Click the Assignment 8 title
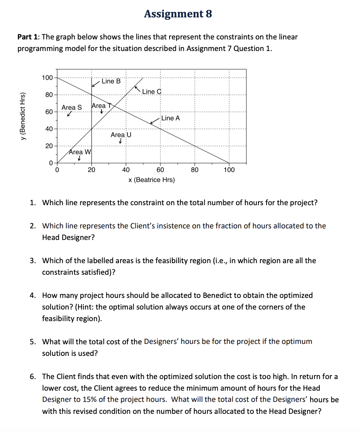178,14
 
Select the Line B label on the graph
111,81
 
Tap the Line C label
151,92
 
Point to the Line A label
170,118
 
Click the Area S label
71,107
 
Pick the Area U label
121,135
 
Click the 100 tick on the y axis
48,78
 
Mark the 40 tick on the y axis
49,129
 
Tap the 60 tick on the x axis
160,170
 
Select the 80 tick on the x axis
195,170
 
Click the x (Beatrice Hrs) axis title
151,180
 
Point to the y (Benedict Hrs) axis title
24,117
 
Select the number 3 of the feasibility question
34,261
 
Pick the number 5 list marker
34,342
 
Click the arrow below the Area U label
121,142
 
